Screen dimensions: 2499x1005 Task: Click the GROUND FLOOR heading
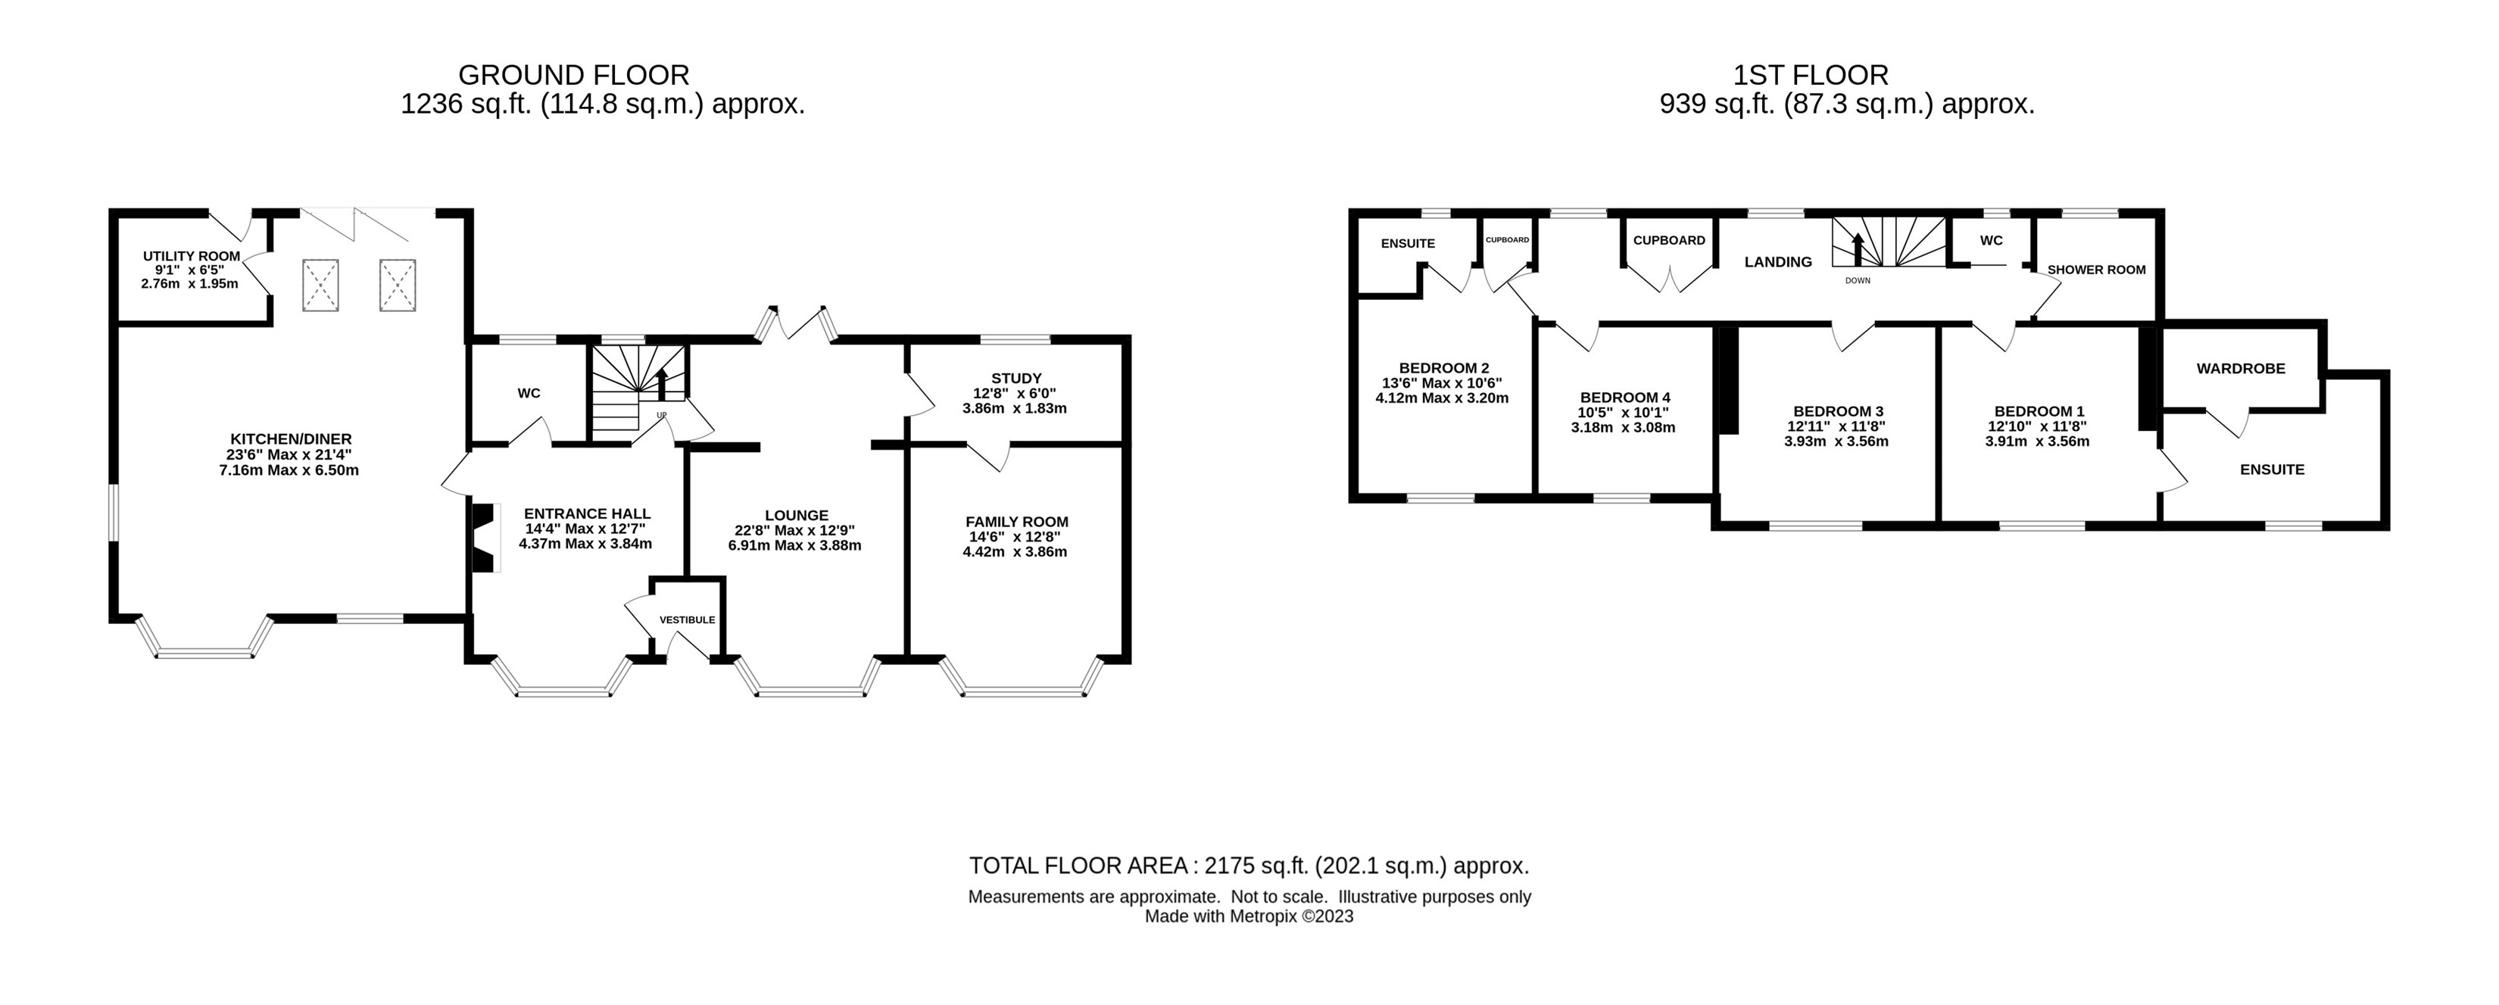click(x=573, y=75)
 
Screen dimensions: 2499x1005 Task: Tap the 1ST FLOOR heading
click(x=1811, y=75)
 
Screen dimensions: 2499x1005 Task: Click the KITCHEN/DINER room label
click(x=290, y=439)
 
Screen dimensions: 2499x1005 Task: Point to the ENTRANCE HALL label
click(x=587, y=514)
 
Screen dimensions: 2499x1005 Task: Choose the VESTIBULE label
click(x=687, y=620)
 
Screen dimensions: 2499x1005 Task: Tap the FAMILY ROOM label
click(x=1017, y=522)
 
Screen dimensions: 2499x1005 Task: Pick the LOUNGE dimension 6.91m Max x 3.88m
click(x=794, y=545)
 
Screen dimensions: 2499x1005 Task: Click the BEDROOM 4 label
click(x=1625, y=398)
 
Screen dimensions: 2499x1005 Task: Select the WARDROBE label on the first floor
click(x=2241, y=369)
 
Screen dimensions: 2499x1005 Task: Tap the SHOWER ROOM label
click(x=2096, y=270)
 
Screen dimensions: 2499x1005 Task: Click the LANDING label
click(x=1778, y=262)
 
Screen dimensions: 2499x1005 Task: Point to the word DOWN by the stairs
click(x=1858, y=280)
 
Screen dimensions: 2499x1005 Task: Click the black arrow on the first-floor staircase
click(x=1858, y=249)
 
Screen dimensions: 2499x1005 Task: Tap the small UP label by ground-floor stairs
click(x=662, y=415)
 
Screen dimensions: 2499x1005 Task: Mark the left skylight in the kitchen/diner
click(x=320, y=284)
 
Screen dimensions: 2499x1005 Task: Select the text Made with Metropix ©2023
click(x=1249, y=916)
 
